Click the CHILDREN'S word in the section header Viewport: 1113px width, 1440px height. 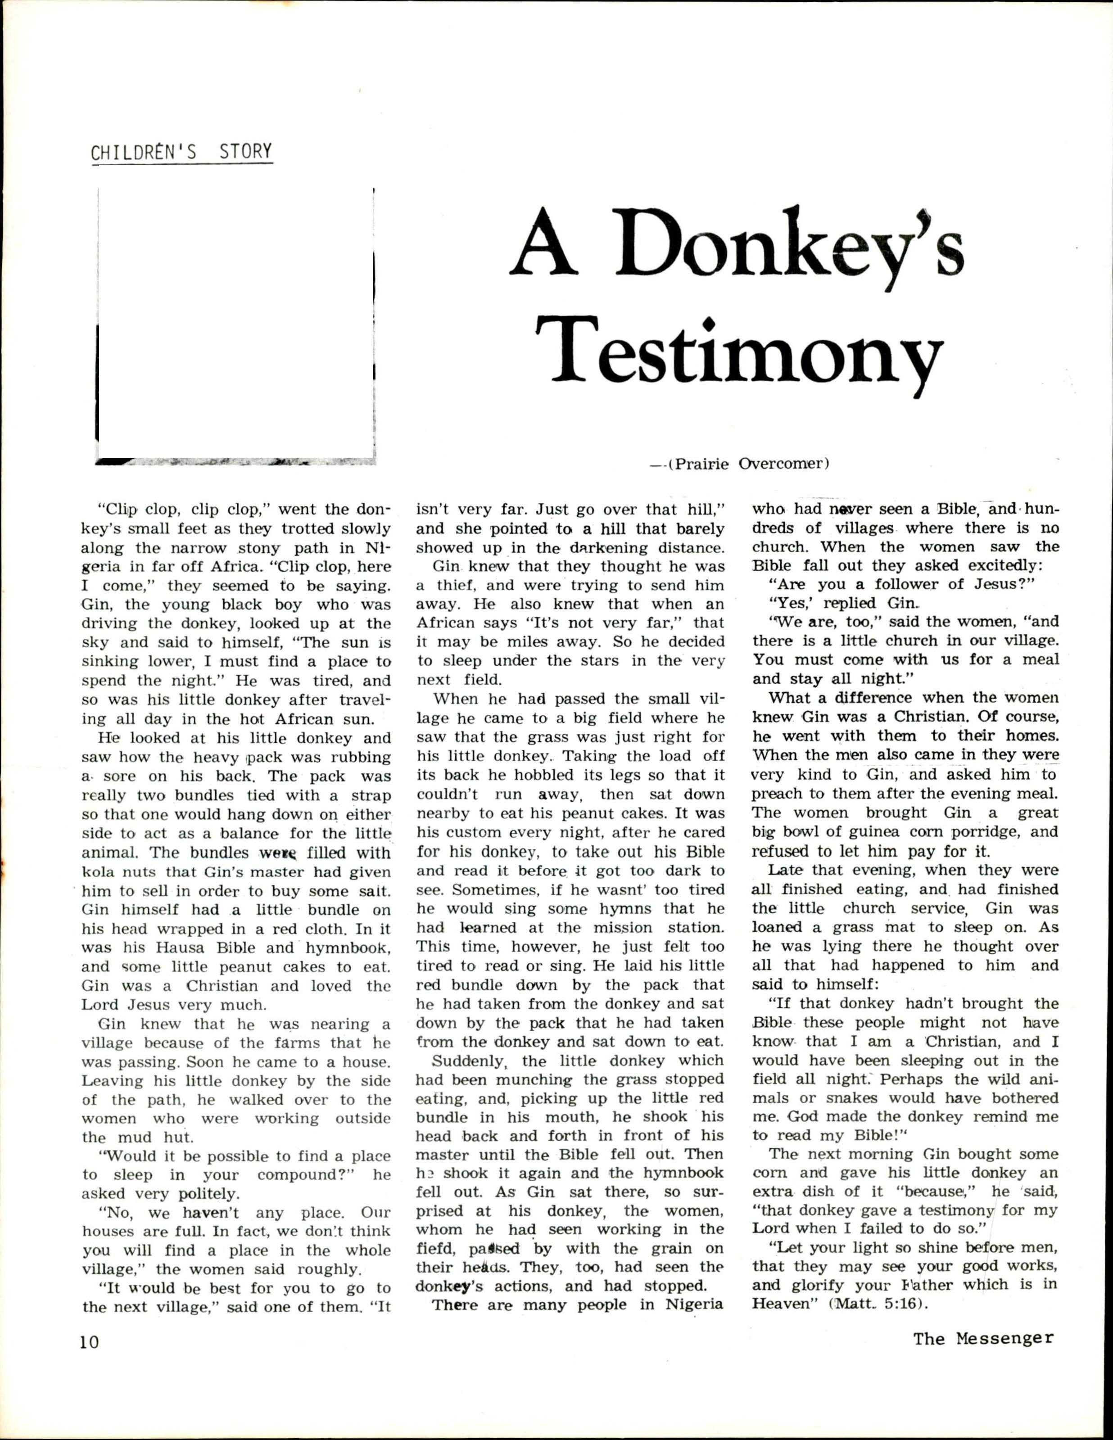tap(144, 153)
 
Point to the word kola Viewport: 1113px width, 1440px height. tap(98, 873)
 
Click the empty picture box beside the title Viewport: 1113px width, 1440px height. tap(235, 323)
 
